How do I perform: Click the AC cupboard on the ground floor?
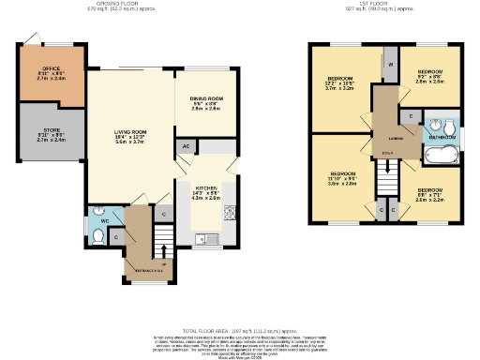click(186, 147)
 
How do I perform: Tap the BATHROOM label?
click(442, 138)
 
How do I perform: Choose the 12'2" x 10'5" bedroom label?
click(339, 84)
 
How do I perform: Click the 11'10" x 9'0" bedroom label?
click(342, 179)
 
